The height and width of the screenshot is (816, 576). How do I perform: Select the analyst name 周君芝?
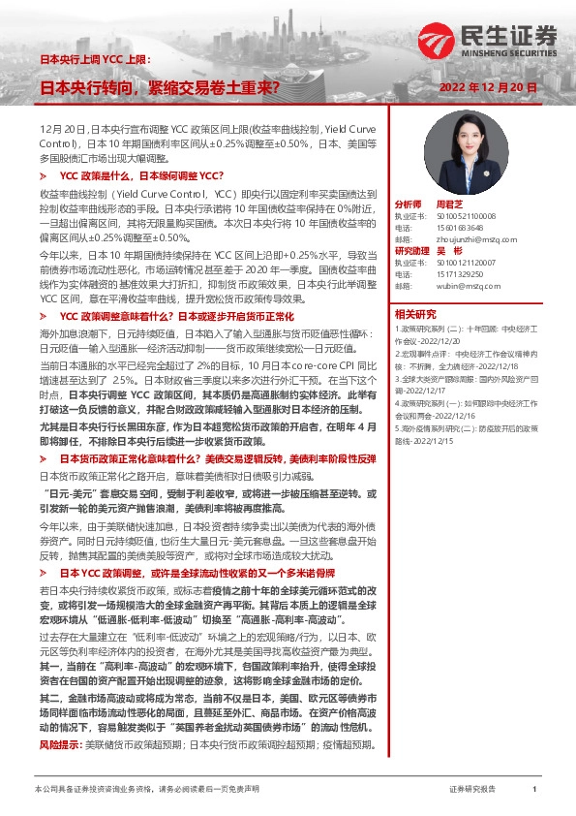(x=451, y=205)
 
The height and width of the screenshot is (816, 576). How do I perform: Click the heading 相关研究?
(x=414, y=313)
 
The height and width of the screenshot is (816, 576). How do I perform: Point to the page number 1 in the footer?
(x=534, y=790)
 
